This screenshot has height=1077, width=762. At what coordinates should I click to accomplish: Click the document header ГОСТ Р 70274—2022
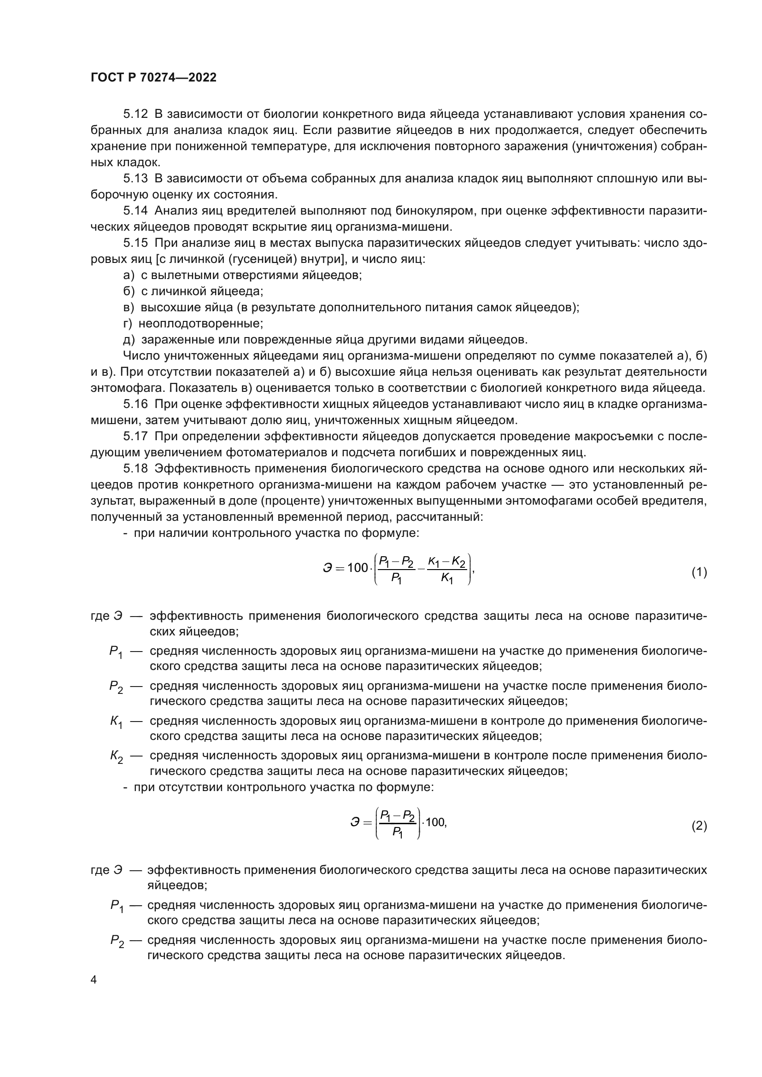153,78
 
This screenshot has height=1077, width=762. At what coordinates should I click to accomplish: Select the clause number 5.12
135,114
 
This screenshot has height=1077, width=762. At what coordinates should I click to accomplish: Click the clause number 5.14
135,211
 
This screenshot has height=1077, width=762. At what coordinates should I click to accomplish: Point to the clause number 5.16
135,404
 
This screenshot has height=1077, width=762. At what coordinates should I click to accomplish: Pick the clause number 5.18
135,469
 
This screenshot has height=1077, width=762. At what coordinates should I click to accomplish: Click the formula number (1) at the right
699,572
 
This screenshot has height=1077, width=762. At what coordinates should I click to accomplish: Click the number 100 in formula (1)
358,568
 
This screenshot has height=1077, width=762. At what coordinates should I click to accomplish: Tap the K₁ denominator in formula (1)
447,580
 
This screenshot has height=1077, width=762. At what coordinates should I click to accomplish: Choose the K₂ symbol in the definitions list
117,756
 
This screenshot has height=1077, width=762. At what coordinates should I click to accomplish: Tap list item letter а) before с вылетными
129,275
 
